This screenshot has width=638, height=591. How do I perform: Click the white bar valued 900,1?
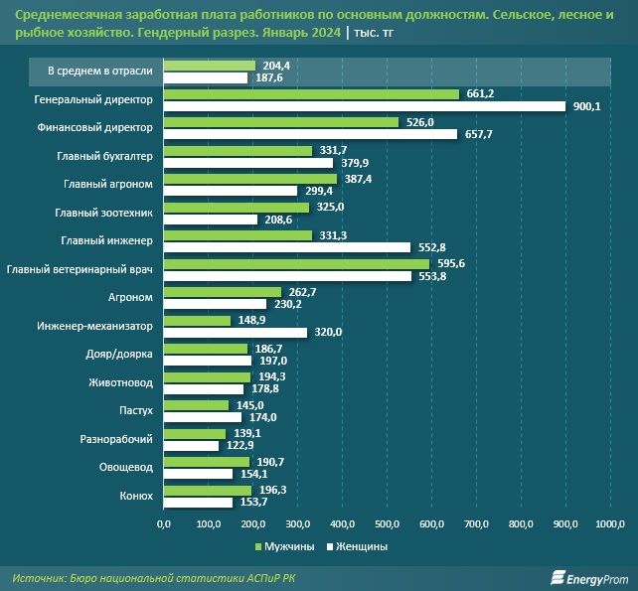point(363,106)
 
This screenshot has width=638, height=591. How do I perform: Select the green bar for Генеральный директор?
point(310,94)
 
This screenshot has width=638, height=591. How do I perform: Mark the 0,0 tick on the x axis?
point(164,522)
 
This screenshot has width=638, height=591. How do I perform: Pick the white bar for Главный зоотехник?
point(210,220)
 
